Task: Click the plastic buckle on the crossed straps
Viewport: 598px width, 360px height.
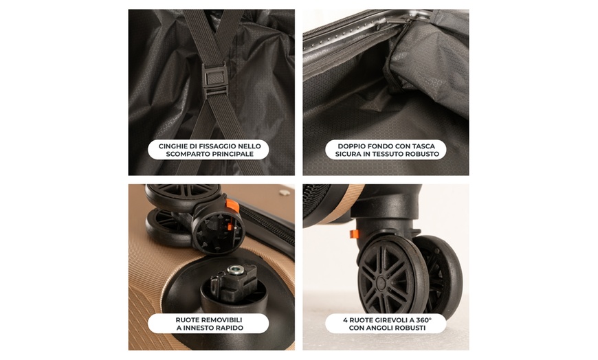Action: point(215,75)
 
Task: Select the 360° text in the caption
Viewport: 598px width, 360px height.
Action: point(419,319)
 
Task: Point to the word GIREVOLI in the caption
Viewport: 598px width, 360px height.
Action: point(386,319)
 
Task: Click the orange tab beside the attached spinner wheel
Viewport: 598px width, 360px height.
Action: point(355,234)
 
